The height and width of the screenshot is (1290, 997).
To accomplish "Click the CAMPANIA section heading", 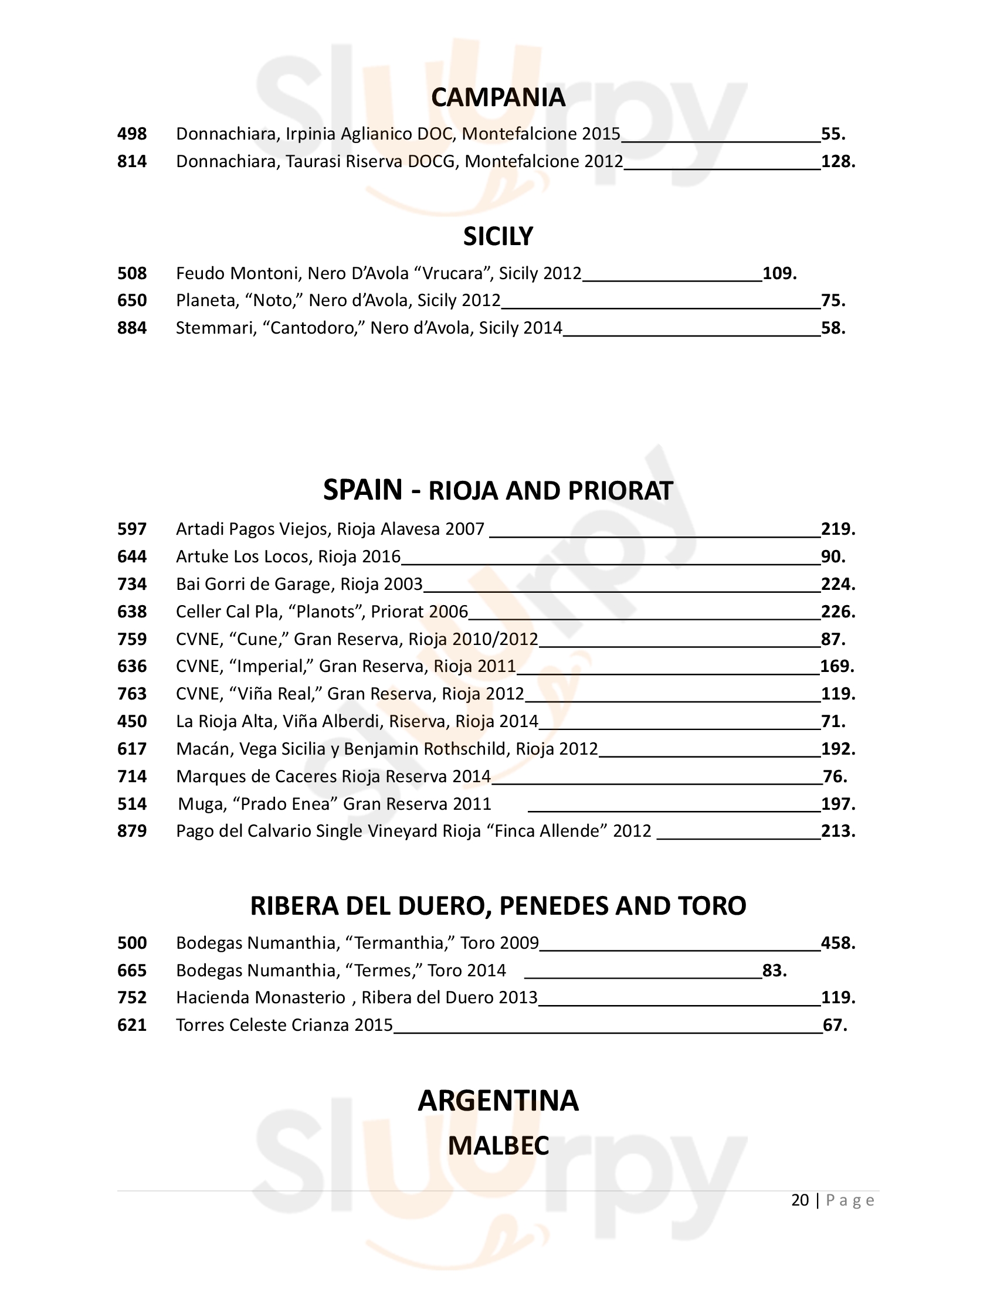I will pos(498,97).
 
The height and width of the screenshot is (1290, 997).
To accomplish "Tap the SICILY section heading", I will pos(498,236).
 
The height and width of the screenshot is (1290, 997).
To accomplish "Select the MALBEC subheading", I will pos(498,1146).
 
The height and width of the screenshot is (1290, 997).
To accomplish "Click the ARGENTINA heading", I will pos(498,1101).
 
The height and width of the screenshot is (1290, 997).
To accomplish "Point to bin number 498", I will pos(132,134).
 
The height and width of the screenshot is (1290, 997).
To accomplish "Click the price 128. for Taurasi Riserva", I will pos(837,162).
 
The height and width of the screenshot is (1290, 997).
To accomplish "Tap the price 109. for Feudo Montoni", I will pos(779,273).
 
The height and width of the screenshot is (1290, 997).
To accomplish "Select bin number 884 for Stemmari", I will pos(132,328).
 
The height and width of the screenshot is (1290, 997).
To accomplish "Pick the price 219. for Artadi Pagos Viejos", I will pos(837,529).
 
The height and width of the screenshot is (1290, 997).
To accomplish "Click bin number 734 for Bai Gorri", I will pos(132,584).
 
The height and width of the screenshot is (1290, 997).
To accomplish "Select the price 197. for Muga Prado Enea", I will pos(837,804).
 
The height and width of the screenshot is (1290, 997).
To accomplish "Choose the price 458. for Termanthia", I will pos(837,943).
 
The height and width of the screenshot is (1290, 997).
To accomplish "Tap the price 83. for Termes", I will pos(774,970).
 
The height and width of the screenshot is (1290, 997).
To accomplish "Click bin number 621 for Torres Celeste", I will pos(132,1025).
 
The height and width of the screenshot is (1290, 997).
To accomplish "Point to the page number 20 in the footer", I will pos(800,1200).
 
